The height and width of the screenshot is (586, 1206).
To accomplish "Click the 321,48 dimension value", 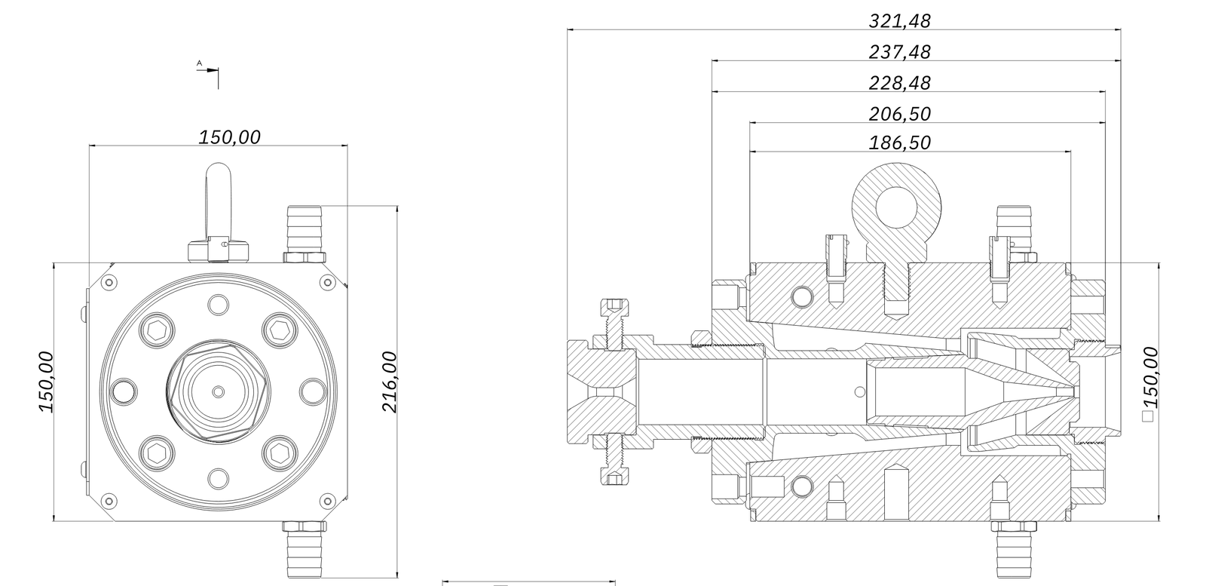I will (899, 21).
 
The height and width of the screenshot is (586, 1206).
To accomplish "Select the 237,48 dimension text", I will (899, 52).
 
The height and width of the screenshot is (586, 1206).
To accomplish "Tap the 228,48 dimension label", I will (899, 83).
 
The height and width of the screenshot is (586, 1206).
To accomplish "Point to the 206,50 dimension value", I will (899, 115).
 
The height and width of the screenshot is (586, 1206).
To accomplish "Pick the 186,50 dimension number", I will (899, 143).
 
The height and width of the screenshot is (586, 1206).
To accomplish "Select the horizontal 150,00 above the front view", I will (229, 137).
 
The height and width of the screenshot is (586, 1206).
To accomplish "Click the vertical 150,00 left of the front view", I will (47, 381).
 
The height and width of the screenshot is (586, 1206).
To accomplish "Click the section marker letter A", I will (200, 63).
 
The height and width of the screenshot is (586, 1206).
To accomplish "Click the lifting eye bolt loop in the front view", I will (218, 200).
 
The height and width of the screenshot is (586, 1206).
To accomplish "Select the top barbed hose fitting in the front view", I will (305, 230).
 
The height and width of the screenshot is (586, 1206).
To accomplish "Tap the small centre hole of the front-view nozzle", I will (218, 391).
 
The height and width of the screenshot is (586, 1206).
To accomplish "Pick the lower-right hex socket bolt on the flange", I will (277, 453).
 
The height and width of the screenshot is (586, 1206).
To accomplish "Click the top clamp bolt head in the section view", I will (614, 305).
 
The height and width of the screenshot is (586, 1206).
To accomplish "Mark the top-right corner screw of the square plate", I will (327, 282).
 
